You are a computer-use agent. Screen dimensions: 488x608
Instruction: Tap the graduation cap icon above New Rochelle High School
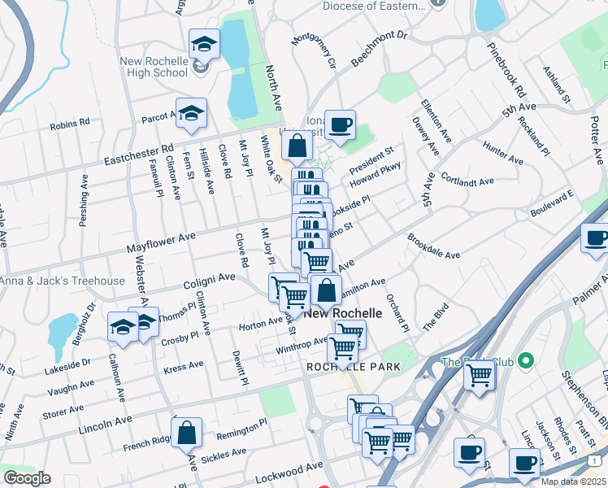204,44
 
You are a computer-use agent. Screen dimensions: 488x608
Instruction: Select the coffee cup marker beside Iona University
341,125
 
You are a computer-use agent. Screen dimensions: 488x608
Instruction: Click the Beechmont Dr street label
378,48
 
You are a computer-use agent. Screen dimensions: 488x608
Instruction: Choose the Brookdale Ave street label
434,248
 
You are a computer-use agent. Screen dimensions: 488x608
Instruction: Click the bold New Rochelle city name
343,313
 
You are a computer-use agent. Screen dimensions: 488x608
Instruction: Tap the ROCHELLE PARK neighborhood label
354,367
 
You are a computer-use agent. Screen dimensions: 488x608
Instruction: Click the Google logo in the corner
26,478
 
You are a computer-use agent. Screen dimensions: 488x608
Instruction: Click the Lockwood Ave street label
284,481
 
